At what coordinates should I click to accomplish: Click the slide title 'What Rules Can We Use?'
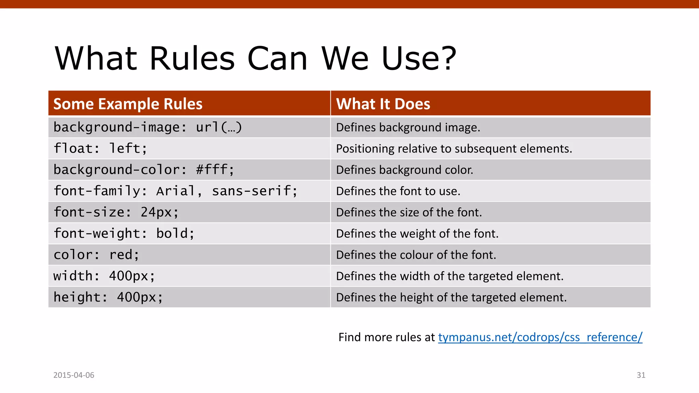tap(255, 59)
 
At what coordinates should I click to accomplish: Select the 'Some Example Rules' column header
tap(128, 104)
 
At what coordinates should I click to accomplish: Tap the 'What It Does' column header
tap(383, 104)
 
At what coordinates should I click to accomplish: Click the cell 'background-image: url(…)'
tap(147, 127)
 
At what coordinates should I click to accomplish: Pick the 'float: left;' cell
tap(100, 148)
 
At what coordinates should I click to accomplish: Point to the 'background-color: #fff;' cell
tap(144, 170)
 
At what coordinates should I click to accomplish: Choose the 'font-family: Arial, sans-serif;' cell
tap(175, 191)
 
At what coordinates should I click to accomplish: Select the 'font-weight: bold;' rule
tap(124, 233)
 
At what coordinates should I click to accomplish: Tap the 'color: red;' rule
tap(96, 255)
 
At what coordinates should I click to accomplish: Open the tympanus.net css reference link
tap(540, 337)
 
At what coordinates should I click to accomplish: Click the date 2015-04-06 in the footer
tap(74, 375)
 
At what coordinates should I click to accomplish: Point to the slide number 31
tap(641, 375)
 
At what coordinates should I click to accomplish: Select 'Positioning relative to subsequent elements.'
tap(454, 149)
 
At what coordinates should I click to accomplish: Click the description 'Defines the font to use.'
tap(398, 191)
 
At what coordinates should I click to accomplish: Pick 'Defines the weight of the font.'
tap(417, 234)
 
